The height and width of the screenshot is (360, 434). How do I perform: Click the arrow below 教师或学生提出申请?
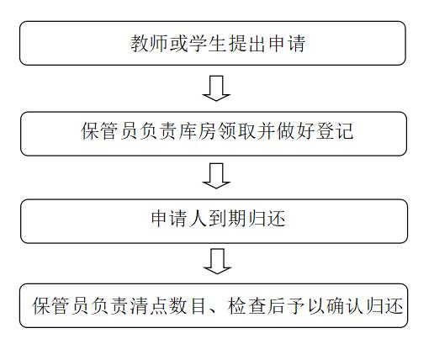coord(216,88)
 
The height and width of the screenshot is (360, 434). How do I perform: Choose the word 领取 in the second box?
coord(237,131)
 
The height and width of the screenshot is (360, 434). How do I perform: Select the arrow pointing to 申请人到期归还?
coord(216,176)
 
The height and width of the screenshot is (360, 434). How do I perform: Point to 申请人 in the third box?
coord(180,219)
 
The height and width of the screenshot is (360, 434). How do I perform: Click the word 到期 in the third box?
coord(227,219)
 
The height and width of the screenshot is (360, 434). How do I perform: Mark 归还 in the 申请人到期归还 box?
coord(267,219)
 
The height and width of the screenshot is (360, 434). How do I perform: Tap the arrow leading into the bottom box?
coord(217,262)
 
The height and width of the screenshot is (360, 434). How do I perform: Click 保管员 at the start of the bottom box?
coord(61,305)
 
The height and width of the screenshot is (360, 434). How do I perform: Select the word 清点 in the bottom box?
coord(149,305)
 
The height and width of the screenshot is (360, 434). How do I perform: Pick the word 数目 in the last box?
coord(188,305)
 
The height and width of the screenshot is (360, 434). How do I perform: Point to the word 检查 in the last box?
coord(247,305)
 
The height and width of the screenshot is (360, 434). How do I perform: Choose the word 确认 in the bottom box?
coord(345,305)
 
